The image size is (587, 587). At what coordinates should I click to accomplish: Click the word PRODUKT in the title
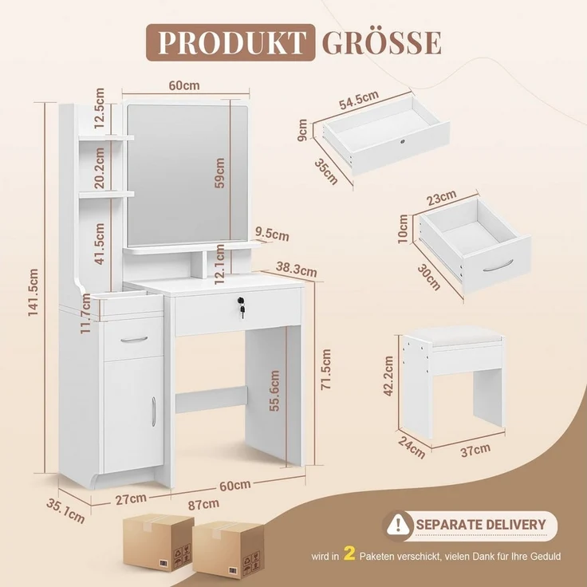coord(231,43)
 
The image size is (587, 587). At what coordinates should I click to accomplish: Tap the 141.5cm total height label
coord(33,293)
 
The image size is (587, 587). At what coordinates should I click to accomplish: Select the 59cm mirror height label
coord(220,173)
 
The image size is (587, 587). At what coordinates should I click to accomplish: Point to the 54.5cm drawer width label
coord(359,100)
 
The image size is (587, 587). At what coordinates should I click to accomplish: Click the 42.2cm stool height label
coord(388,376)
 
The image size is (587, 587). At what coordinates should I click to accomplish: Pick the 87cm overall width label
coord(203,504)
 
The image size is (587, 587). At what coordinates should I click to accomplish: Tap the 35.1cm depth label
coord(65,511)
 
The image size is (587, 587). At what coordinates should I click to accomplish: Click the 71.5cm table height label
coord(325,369)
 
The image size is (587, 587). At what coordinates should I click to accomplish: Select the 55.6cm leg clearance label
coord(274,391)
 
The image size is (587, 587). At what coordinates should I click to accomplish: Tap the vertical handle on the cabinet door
coord(153,412)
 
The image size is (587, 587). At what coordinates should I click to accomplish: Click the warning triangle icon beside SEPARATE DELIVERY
coord(397,525)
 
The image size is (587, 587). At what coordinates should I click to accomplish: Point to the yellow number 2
coord(349,554)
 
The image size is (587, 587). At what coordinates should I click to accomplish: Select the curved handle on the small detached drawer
coord(498,266)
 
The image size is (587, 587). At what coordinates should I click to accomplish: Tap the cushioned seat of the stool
coord(454,336)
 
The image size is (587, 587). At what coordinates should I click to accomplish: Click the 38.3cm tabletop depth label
coord(296,269)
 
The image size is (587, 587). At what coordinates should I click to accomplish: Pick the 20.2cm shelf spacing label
coord(99,167)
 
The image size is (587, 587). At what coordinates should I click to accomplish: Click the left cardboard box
coord(159,542)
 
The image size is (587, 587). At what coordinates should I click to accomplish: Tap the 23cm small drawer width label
coord(442,197)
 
